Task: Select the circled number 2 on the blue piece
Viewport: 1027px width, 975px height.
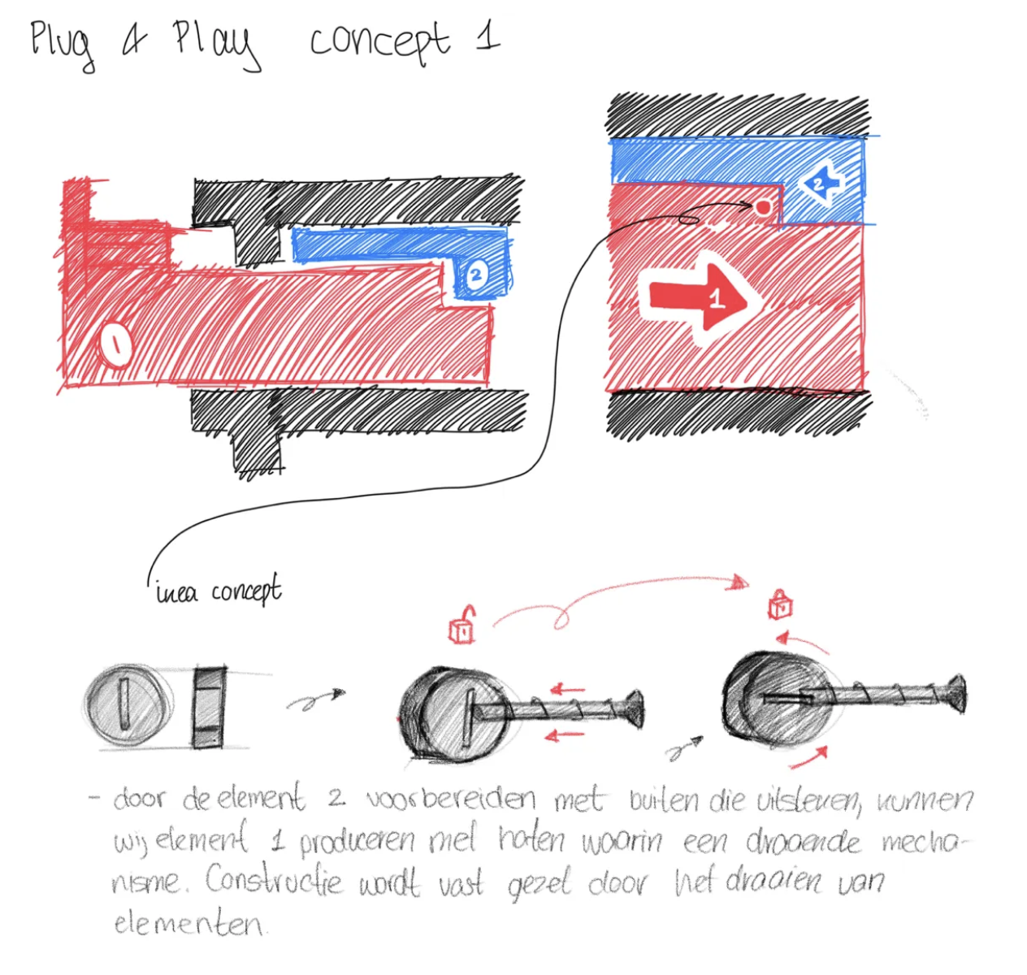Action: click(x=475, y=275)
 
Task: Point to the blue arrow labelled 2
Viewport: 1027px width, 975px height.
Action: click(x=821, y=184)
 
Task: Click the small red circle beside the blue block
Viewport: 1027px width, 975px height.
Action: click(x=762, y=207)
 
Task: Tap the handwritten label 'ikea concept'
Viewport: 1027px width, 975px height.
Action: click(x=218, y=591)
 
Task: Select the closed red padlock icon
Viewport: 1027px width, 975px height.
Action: click(x=780, y=604)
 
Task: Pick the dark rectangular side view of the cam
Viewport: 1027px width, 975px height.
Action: click(x=210, y=707)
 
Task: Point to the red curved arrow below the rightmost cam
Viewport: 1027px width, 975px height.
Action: click(x=810, y=758)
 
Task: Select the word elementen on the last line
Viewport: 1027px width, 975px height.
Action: click(x=188, y=923)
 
